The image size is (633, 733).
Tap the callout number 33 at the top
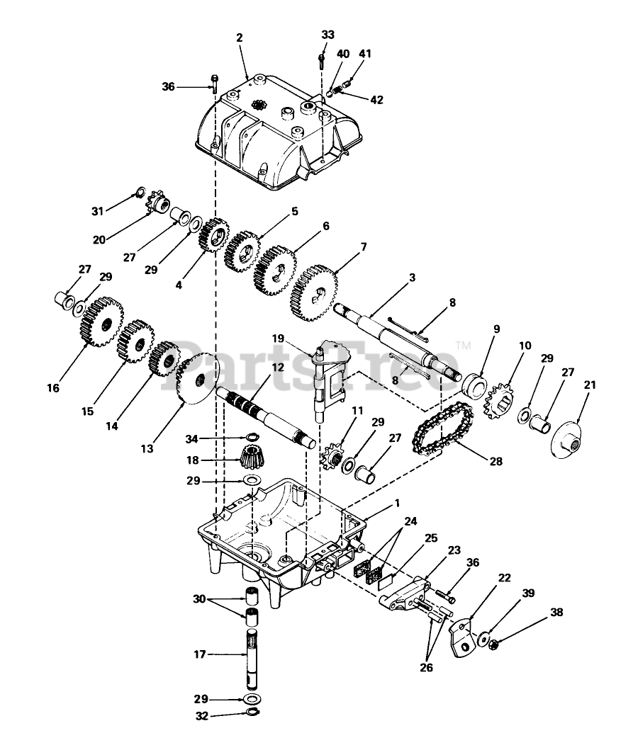pyautogui.click(x=327, y=34)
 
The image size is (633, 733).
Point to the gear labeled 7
pyautogui.click(x=313, y=291)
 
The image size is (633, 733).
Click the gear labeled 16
pyautogui.click(x=102, y=322)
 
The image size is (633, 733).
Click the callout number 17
pyautogui.click(x=199, y=654)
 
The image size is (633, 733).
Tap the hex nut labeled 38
pyautogui.click(x=494, y=644)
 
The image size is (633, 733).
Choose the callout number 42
pyautogui.click(x=376, y=100)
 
